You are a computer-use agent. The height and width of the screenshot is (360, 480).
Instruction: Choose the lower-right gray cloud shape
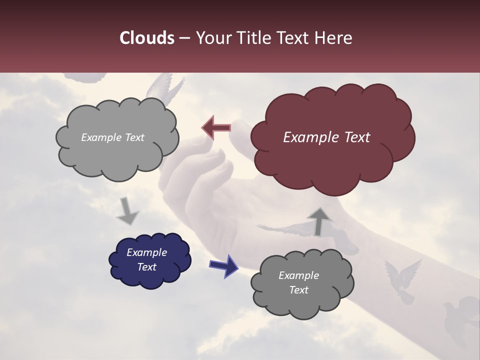(x=301, y=283)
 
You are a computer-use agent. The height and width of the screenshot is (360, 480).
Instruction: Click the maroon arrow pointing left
(x=216, y=128)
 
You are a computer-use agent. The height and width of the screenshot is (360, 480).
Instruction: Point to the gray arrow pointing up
(x=319, y=220)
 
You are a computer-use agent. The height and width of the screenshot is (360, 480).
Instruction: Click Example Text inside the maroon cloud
(x=326, y=137)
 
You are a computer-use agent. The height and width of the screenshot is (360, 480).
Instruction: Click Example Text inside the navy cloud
(x=147, y=259)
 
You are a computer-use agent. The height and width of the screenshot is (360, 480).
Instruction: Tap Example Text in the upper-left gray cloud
(x=112, y=137)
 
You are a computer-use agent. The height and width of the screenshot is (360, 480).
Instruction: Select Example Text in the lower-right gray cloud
(x=298, y=282)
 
